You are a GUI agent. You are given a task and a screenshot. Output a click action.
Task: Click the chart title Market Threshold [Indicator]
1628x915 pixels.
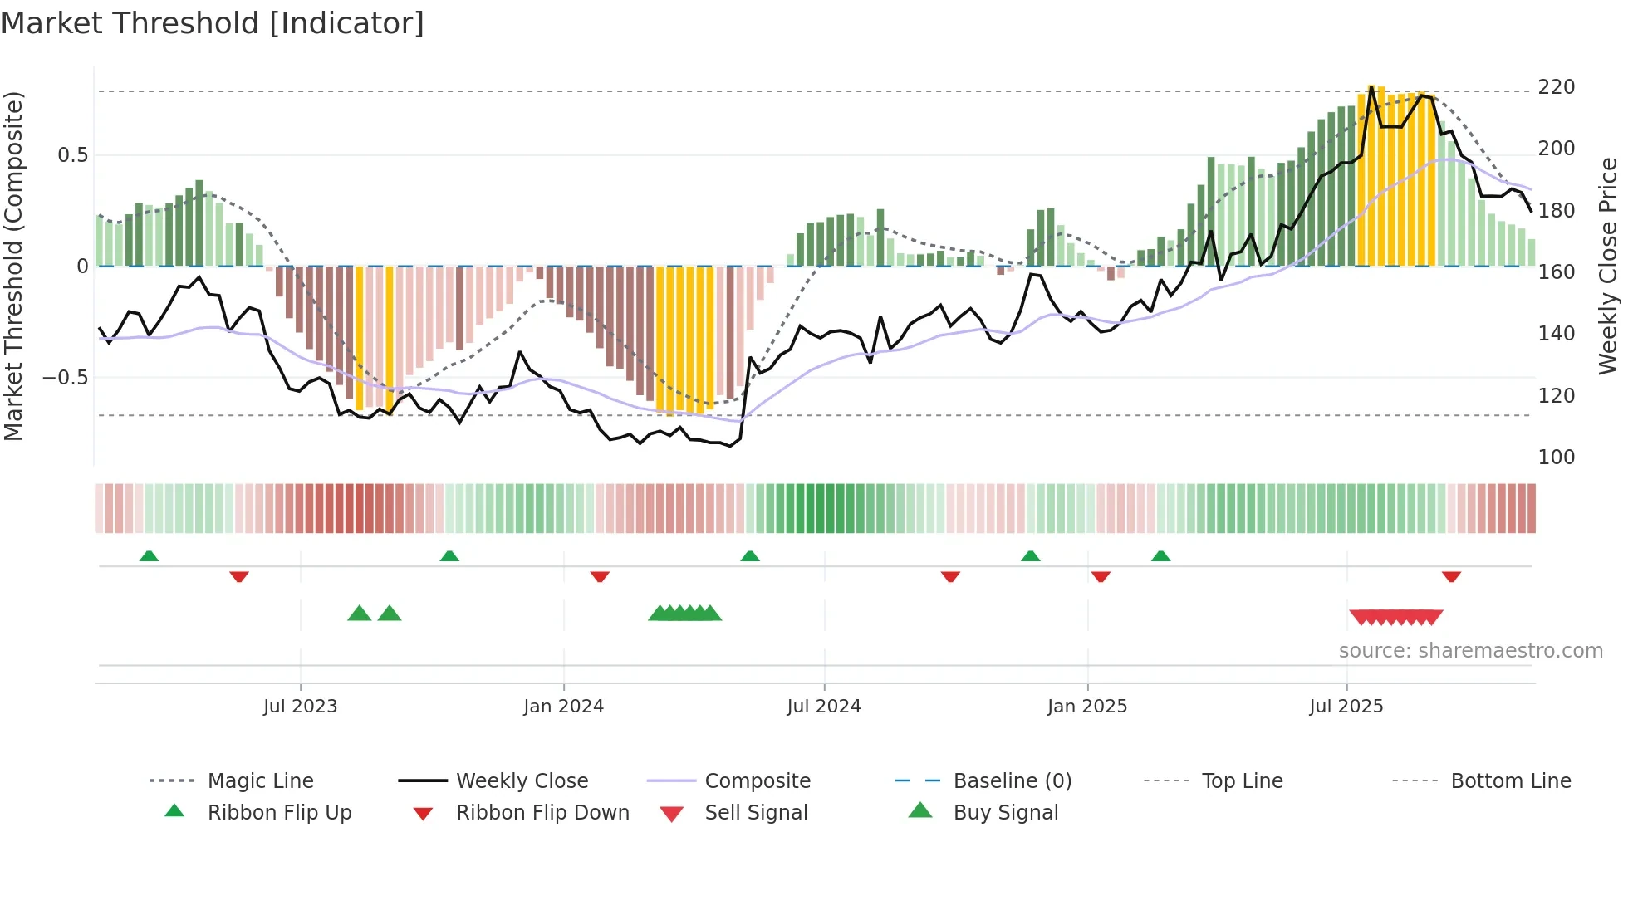coord(213,23)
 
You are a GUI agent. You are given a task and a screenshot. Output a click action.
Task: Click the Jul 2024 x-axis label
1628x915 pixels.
coord(823,707)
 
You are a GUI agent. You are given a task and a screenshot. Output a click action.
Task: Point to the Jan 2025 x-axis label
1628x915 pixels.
coord(1086,707)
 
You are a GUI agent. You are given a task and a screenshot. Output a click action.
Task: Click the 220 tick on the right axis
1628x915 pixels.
coord(1556,87)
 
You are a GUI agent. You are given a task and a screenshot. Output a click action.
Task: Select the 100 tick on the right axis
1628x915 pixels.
coord(1556,457)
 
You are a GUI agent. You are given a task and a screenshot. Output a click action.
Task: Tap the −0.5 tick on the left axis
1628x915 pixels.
coord(65,378)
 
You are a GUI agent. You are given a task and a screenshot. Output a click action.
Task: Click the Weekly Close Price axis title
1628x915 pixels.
coord(1608,266)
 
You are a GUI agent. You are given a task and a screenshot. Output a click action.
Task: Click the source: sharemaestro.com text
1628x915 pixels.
coord(1470,651)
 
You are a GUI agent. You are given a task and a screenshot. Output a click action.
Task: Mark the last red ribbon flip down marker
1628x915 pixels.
coord(1451,576)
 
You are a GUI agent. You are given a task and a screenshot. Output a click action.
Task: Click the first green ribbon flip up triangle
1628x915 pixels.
coord(149,556)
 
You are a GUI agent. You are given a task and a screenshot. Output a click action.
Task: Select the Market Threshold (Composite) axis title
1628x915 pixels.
coord(14,266)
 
